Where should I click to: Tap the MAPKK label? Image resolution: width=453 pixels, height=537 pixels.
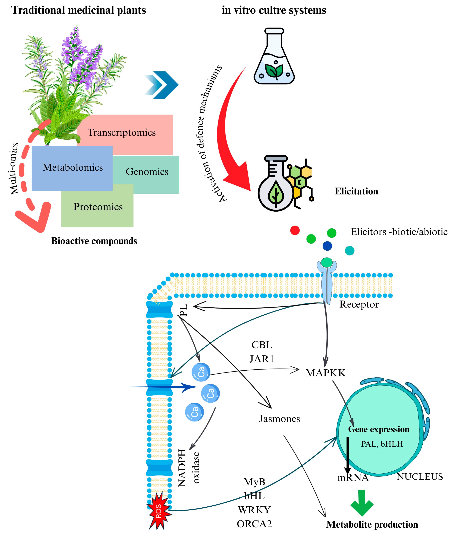tap(325, 373)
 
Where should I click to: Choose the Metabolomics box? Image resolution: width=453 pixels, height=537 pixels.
tap(72, 167)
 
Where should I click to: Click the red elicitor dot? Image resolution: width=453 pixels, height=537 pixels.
tap(295, 230)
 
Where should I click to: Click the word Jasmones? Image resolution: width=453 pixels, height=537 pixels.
tap(279, 419)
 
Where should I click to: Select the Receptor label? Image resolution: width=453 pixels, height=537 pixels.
tap(359, 304)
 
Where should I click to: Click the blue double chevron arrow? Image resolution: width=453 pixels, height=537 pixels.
tap(162, 85)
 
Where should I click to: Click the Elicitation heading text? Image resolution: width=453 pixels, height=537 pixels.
tap(356, 191)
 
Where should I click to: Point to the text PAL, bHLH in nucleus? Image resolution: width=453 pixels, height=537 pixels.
tap(382, 444)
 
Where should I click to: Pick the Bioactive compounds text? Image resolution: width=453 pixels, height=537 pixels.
tap(94, 241)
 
